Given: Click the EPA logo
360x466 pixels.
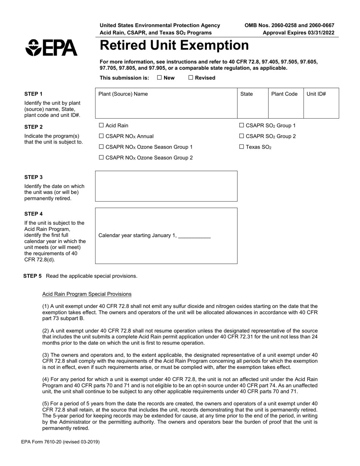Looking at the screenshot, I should (51, 48).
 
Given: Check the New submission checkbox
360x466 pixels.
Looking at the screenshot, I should (160, 78).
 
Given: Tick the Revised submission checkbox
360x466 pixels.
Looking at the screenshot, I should (191, 78).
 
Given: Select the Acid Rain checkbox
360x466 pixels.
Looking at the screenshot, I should (101, 125).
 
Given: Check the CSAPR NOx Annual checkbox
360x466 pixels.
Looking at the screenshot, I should (101, 136).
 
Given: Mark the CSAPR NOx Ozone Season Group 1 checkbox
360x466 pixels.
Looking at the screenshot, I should (101, 147).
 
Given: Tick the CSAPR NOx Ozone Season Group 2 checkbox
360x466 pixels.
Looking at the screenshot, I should (101, 158).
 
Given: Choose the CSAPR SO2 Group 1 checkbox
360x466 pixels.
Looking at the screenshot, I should (242, 125).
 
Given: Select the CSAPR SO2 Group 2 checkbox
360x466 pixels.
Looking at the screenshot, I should (242, 136).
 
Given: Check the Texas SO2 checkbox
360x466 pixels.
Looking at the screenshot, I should (242, 147).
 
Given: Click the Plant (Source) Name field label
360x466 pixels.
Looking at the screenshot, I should (123, 94).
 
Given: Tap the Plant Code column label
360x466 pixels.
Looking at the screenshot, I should (284, 94).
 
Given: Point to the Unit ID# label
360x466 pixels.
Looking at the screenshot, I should (316, 94).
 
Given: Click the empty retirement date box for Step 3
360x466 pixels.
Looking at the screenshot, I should (166, 186).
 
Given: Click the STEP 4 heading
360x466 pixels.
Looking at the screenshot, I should (33, 214).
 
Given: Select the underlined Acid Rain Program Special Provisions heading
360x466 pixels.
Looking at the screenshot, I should (87, 294).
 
